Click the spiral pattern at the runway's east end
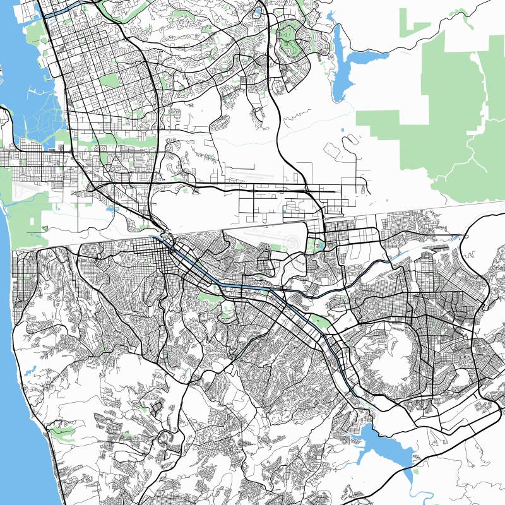[x=291, y=244]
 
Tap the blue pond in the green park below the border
[x=316, y=242]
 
